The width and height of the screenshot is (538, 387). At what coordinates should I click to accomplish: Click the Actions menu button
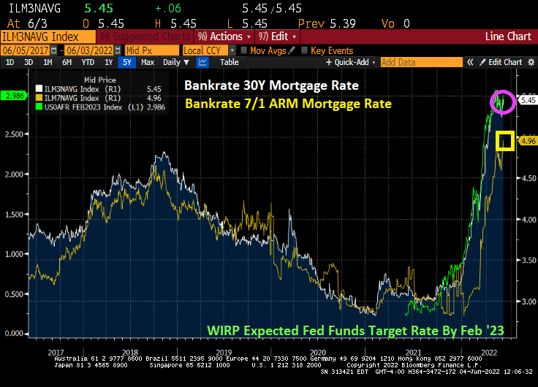pyautogui.click(x=224, y=36)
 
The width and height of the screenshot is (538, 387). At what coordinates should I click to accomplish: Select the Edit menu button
pyautogui.click(x=279, y=36)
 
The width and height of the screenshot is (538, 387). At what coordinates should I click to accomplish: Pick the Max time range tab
pyautogui.click(x=148, y=62)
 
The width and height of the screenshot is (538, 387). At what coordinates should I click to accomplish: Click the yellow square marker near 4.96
pyautogui.click(x=504, y=142)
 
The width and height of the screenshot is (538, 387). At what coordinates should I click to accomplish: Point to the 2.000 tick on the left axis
pyautogui.click(x=15, y=174)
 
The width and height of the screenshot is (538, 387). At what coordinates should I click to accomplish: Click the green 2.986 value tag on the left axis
pyautogui.click(x=15, y=95)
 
